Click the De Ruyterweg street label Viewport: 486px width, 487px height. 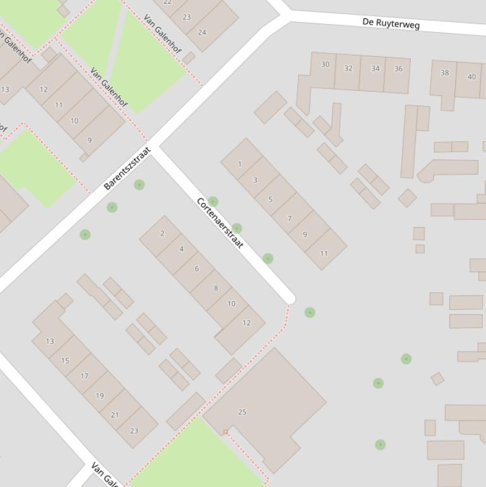391,23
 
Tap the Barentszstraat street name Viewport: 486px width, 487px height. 128,169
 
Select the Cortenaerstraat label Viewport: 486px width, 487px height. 220,223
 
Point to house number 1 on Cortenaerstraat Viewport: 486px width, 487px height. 240,164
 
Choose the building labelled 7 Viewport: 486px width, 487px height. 289,219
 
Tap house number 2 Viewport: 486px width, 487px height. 162,234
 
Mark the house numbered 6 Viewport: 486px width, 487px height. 197,269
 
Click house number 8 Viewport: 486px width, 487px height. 216,288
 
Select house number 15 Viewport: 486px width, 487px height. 65,361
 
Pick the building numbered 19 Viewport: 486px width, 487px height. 99,395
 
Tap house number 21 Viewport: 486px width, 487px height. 114,415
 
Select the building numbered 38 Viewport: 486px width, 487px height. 444,73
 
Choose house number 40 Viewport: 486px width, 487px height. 471,77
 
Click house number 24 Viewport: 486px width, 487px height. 202,32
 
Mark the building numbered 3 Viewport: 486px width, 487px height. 255,180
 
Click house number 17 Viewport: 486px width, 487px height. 84,376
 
